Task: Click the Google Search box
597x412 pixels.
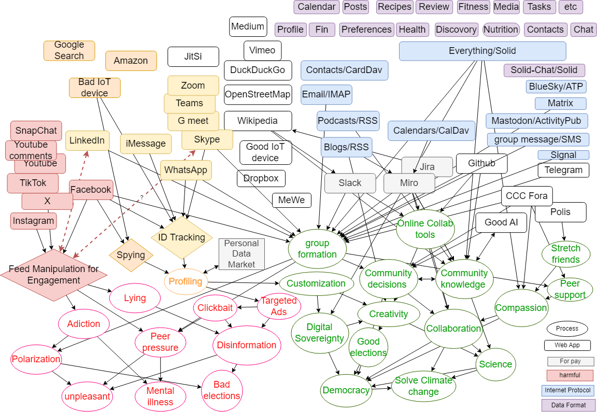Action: point(69,51)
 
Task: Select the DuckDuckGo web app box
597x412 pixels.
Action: point(258,70)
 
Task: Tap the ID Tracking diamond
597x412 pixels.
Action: point(182,237)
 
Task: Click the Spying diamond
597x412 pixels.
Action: point(131,254)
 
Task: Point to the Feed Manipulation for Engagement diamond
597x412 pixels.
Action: point(53,275)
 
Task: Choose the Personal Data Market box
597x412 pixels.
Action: point(241,254)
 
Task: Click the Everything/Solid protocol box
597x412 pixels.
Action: point(482,51)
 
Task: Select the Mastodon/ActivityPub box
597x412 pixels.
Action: point(536,121)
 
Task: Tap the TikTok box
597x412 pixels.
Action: point(33,183)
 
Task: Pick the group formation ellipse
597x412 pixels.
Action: point(317,249)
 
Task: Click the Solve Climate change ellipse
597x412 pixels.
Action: point(423,386)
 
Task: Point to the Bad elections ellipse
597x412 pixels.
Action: point(221,390)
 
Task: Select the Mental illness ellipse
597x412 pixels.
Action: point(160,396)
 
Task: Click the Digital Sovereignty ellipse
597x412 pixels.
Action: point(319,333)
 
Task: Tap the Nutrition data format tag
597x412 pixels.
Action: point(501,30)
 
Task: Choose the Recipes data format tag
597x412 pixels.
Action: point(394,7)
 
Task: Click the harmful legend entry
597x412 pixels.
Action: point(570,375)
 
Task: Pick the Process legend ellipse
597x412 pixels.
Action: point(567,329)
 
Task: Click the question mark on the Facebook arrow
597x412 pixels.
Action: point(141,197)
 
